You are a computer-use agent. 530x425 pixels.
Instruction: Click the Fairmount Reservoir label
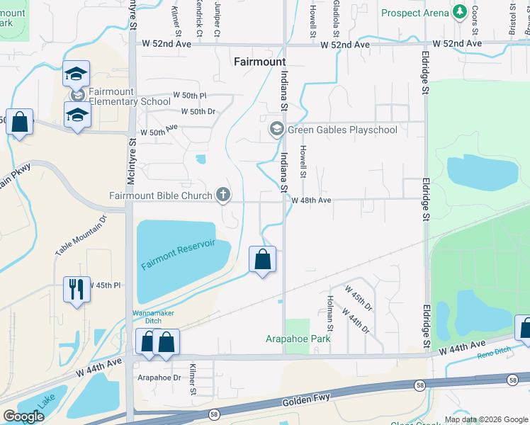tap(178, 255)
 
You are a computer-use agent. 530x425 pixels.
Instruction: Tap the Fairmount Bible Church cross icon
tap(224, 195)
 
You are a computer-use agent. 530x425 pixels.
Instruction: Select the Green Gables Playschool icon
tap(276, 129)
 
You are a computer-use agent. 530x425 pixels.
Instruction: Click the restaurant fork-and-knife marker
tap(77, 289)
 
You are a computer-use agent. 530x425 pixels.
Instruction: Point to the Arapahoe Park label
tap(298, 339)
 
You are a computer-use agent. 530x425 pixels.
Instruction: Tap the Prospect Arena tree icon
tap(459, 13)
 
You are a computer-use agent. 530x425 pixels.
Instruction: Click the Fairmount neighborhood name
tap(259, 62)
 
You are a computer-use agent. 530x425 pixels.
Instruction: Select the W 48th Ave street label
tap(312, 200)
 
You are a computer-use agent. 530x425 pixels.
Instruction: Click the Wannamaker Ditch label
tap(152, 317)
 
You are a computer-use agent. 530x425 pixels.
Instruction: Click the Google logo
tap(23, 416)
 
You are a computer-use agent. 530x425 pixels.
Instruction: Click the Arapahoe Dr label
tap(159, 378)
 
